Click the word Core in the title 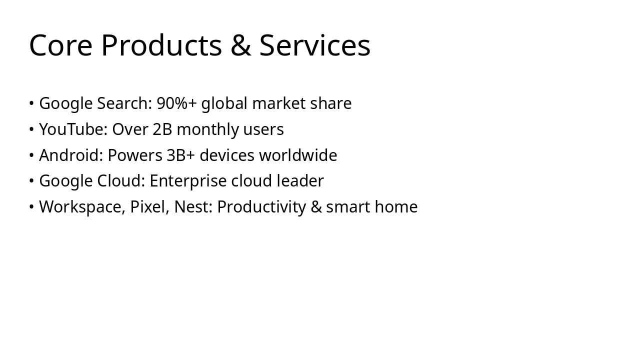(x=60, y=45)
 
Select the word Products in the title (x=161, y=45)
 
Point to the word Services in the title (x=314, y=45)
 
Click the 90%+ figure (x=176, y=103)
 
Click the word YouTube (x=73, y=129)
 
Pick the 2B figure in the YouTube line (x=162, y=129)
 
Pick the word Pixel (x=149, y=207)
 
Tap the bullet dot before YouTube (x=31, y=129)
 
